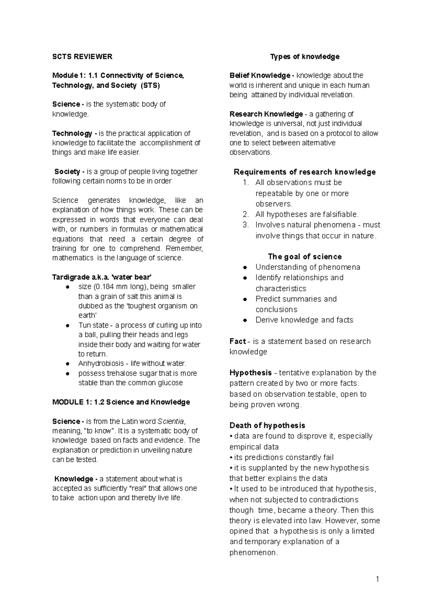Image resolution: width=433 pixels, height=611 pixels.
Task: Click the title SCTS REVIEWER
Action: click(82, 57)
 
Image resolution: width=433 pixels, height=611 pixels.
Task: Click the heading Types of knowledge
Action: click(305, 57)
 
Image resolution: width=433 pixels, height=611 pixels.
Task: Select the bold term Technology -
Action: click(73, 133)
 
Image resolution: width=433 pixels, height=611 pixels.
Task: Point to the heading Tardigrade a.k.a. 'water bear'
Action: click(102, 277)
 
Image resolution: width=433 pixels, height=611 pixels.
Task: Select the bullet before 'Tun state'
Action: click(67, 325)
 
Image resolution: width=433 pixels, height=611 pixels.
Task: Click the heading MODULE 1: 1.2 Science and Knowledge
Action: click(121, 402)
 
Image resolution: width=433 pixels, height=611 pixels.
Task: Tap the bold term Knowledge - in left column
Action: click(75, 479)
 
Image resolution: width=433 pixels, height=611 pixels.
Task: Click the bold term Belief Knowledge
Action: click(260, 76)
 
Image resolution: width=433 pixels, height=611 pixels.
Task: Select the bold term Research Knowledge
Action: click(266, 114)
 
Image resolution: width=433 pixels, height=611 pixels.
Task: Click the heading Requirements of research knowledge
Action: click(305, 172)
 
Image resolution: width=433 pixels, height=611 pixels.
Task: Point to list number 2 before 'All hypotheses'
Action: click(245, 215)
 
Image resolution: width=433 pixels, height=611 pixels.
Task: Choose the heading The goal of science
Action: click(305, 257)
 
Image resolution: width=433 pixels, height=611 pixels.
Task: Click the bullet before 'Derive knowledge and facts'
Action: click(245, 320)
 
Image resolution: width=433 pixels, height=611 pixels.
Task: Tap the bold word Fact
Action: click(237, 341)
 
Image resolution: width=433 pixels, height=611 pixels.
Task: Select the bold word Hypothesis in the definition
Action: click(251, 373)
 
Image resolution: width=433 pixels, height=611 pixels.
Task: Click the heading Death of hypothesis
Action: click(267, 426)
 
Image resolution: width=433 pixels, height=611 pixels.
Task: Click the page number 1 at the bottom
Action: click(377, 580)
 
